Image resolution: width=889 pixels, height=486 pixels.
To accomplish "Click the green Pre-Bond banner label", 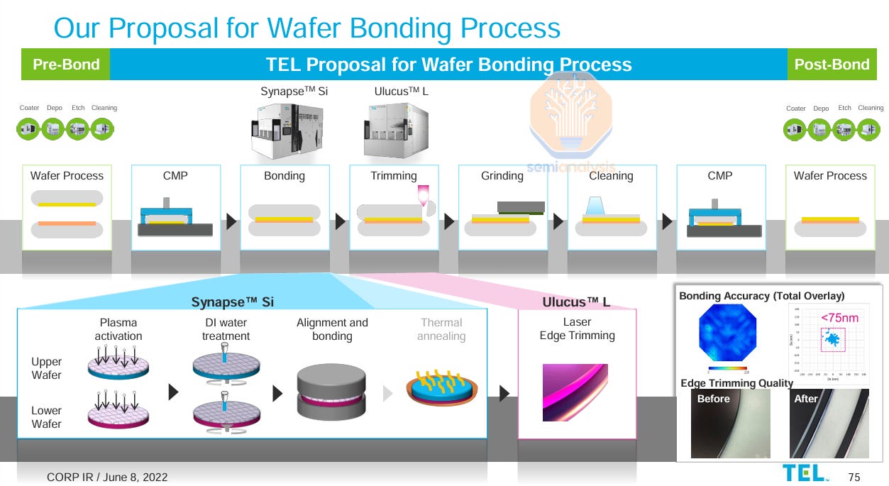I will point(66,65).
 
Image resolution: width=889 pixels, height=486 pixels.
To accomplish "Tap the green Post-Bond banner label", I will point(832,65).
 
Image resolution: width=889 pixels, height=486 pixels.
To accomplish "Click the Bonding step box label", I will point(285,176).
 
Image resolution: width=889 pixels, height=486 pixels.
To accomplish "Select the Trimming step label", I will point(394,176).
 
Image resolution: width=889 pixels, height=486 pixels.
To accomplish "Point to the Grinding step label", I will point(502,176).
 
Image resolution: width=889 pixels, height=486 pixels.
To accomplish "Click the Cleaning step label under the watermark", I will point(611,176).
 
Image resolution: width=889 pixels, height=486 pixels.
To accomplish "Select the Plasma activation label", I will point(118,329).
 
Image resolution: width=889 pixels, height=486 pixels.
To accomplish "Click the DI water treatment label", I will point(226,329).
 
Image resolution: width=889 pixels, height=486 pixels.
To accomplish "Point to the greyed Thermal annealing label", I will point(441,329).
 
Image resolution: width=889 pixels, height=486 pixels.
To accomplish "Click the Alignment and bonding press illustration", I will point(332,393).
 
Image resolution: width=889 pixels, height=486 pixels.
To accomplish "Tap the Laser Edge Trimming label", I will point(577,328).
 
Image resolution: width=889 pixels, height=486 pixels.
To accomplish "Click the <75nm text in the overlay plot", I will point(839,318).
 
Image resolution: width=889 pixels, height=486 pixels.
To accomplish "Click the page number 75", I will point(854,477).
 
